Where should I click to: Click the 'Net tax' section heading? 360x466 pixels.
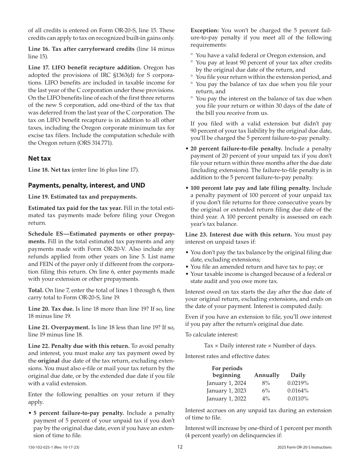pos(39,158)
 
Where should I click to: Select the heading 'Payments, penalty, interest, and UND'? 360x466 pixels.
pos(86,185)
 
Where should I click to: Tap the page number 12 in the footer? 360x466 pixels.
pos(180,447)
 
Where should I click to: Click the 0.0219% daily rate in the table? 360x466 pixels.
pos(298,383)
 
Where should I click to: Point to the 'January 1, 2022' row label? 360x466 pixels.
pos(226,399)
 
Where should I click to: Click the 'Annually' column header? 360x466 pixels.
pos(266,375)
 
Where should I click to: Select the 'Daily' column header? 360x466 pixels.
pos(298,375)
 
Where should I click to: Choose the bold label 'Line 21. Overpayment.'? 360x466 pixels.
pos(59,327)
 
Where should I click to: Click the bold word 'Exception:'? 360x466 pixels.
pos(205,30)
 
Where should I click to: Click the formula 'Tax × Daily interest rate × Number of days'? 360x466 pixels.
pos(260,345)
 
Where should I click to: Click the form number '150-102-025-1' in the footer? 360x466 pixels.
pos(43,447)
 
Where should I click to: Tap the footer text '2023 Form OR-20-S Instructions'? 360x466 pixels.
pos(304,447)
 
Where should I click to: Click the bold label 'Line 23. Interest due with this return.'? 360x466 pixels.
pos(238,235)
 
